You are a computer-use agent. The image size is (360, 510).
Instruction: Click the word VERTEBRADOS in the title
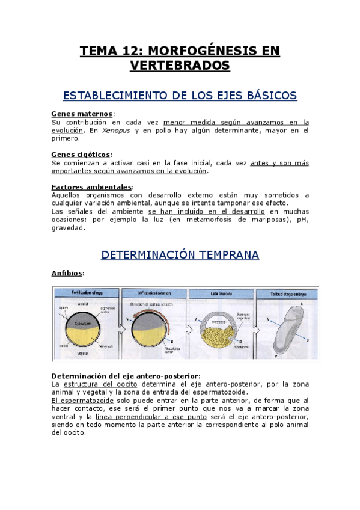pos(180,65)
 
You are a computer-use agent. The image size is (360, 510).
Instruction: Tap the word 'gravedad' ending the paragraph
pos(68,228)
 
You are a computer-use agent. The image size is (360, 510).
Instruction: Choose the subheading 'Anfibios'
pos(67,273)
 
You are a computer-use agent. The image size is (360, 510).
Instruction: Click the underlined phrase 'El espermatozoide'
pos(79,400)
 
